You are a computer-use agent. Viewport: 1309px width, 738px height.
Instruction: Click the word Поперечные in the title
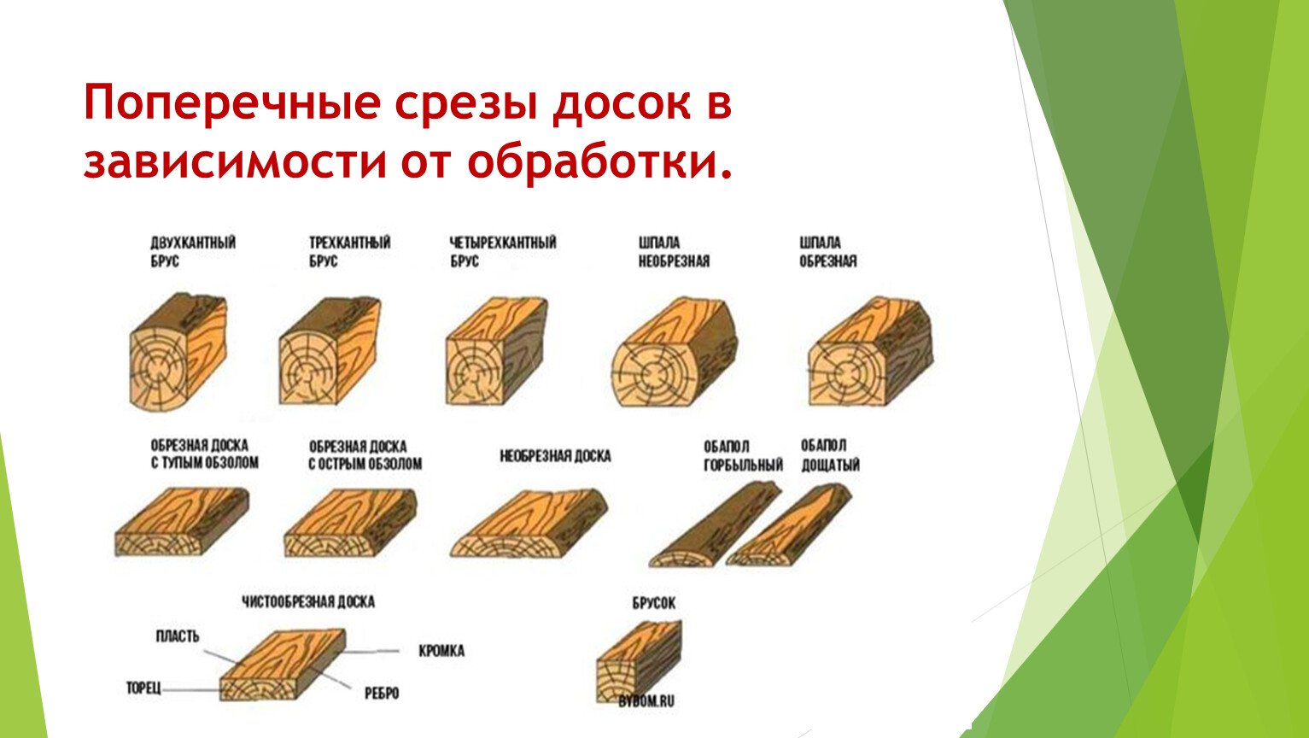tap(232, 103)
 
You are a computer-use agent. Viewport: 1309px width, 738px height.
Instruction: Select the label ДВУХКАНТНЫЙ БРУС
tap(193, 252)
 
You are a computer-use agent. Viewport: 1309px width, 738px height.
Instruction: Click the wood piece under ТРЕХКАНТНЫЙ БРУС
tap(330, 351)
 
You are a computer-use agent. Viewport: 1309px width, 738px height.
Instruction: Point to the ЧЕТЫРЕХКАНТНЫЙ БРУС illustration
tap(497, 351)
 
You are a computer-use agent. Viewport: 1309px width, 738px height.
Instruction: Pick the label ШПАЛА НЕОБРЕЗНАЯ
tap(674, 252)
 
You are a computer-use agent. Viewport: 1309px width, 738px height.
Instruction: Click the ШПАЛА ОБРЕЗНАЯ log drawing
tap(871, 351)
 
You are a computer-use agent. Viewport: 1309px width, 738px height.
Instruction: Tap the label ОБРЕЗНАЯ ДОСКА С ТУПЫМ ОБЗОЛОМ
tap(205, 454)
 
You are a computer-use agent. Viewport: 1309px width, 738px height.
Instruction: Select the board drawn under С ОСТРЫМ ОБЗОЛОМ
tap(351, 522)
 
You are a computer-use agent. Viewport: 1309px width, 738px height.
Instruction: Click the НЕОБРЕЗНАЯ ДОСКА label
tap(555, 456)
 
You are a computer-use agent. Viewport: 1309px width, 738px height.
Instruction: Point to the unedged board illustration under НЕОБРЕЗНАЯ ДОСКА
tap(529, 524)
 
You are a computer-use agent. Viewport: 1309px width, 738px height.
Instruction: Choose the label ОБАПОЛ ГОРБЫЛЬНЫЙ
tap(743, 456)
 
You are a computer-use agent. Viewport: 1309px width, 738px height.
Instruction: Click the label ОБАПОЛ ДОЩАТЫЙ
tap(830, 455)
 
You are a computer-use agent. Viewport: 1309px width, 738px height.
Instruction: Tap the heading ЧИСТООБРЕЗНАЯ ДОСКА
tap(308, 601)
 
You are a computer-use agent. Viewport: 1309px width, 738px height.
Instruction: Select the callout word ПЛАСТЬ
tap(178, 636)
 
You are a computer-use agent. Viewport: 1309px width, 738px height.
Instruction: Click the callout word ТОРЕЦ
tap(143, 688)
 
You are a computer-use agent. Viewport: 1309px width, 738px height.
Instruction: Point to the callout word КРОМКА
tap(441, 651)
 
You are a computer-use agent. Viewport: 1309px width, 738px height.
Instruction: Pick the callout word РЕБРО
tap(382, 694)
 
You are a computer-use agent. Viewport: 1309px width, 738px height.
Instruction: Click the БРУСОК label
tap(654, 603)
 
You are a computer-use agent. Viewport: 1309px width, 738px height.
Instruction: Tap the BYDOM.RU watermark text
tap(646, 701)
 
